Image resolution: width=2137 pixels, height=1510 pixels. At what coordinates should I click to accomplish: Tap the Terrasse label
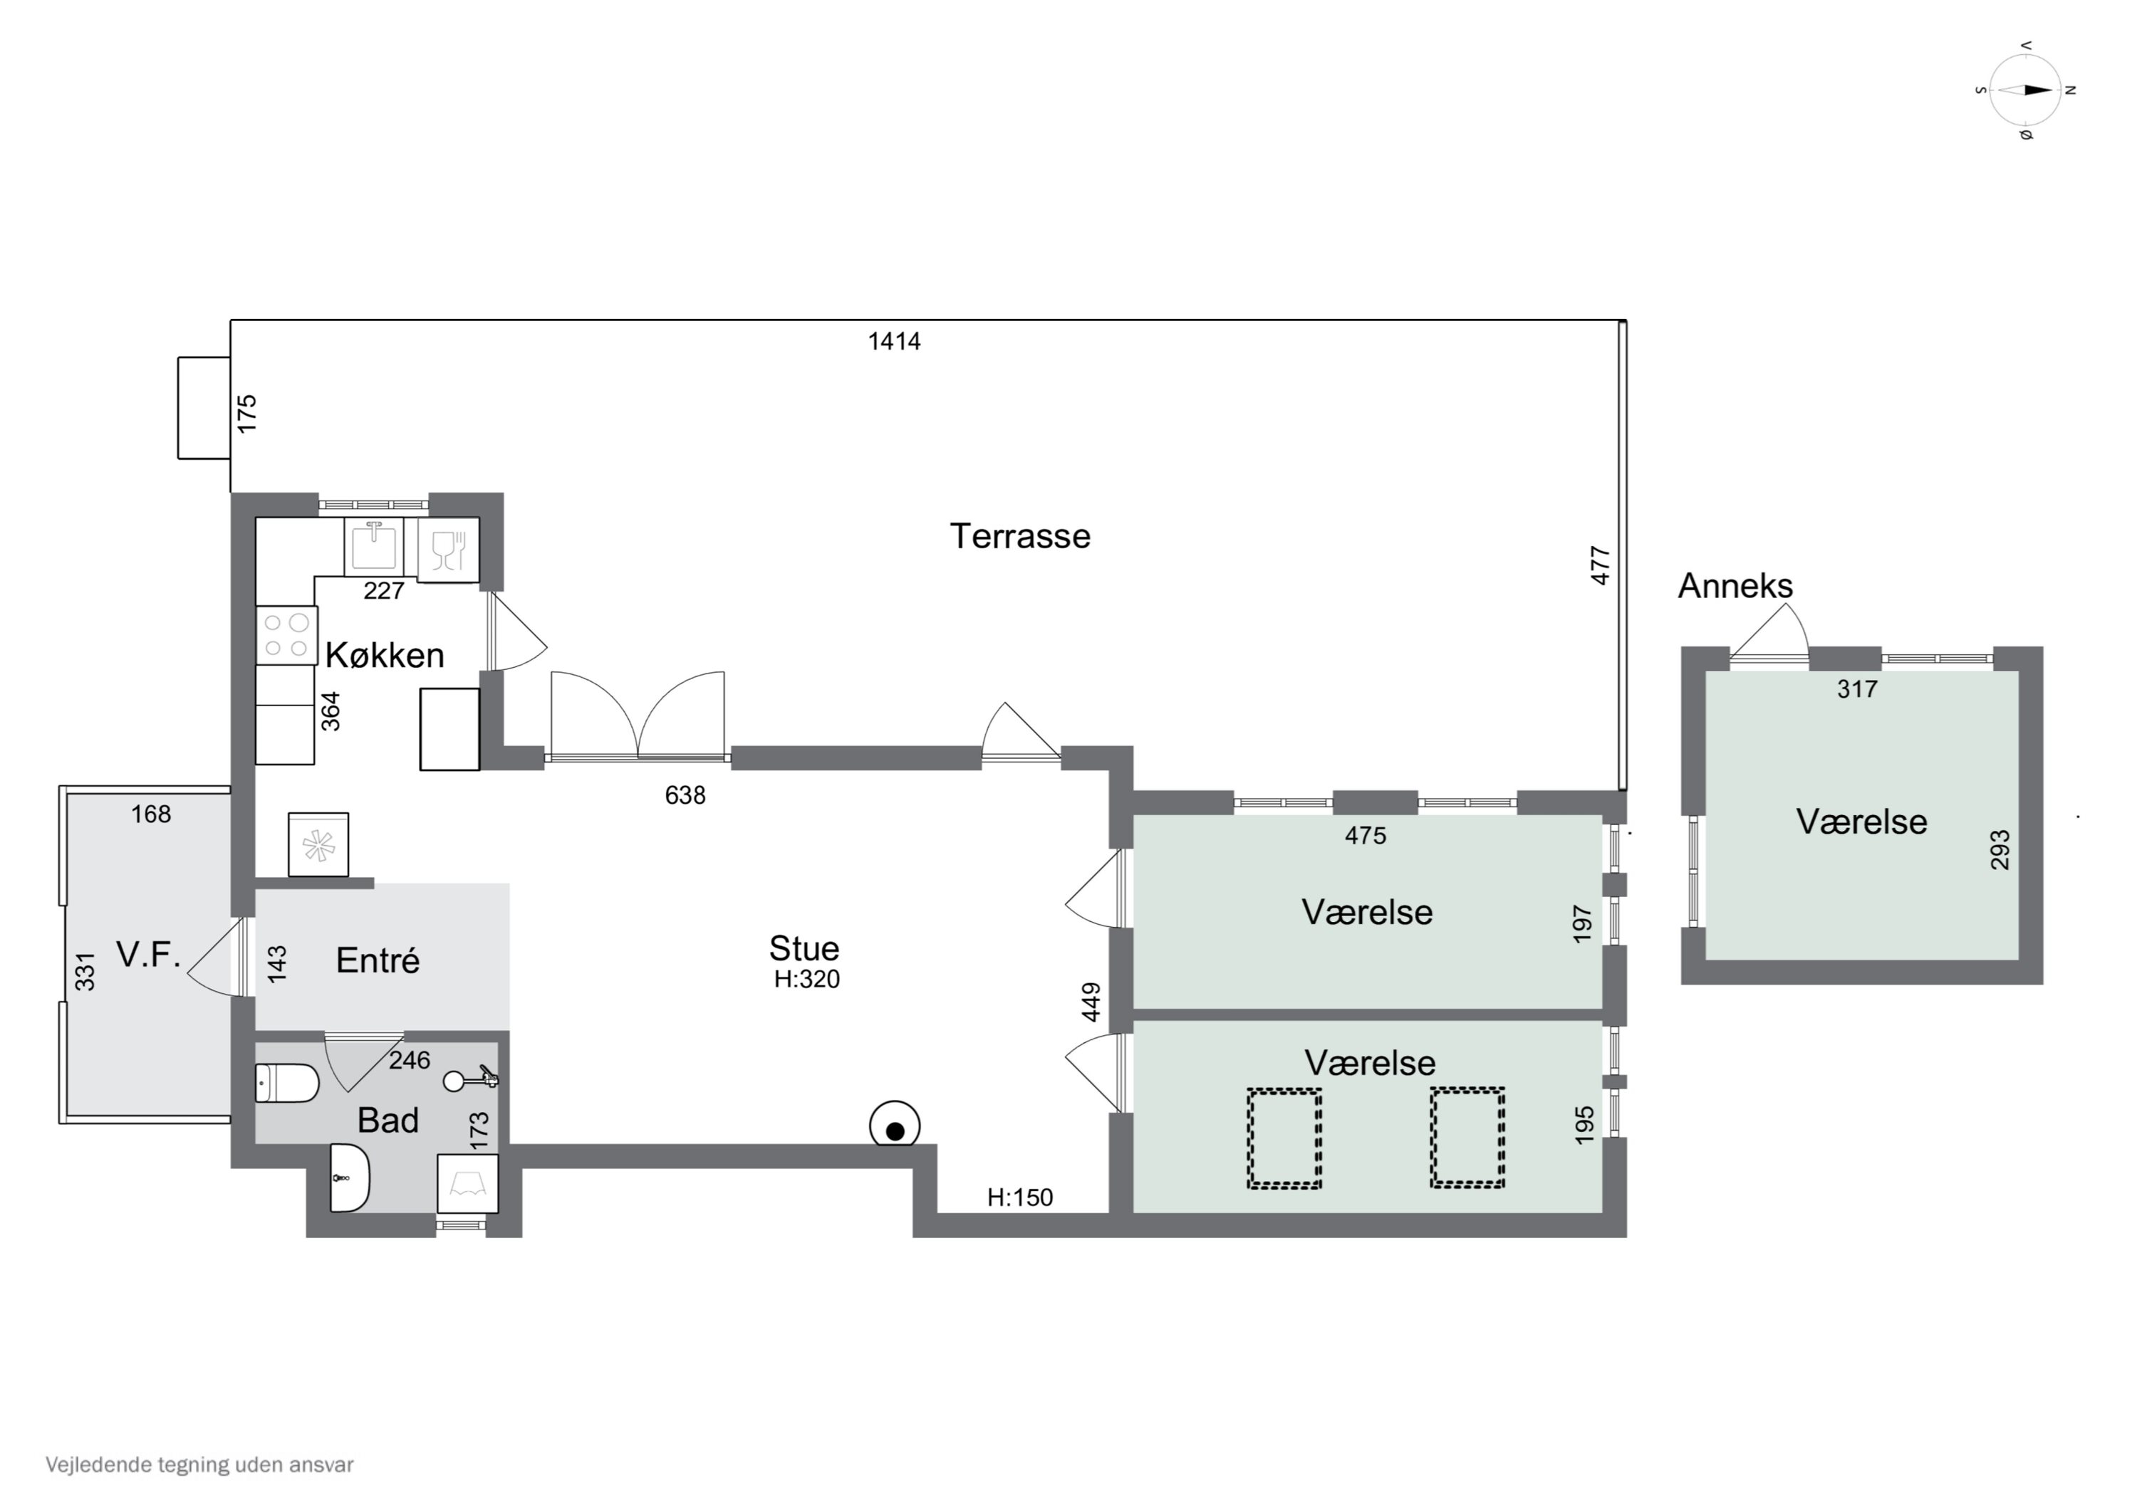(1019, 537)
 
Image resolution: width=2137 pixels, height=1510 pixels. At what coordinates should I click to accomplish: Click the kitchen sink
(373, 547)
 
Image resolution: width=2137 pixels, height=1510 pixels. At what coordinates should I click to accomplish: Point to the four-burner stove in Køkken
(286, 636)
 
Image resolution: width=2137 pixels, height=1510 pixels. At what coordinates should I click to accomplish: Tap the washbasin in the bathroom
(350, 1178)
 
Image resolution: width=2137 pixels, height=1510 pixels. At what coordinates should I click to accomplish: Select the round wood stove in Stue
(895, 1126)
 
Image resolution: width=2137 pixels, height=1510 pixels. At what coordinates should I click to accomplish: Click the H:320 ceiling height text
(807, 980)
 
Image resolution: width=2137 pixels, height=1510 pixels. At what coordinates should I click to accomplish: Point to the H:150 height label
(1020, 1197)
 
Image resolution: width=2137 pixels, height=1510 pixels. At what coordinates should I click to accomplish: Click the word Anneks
(1735, 586)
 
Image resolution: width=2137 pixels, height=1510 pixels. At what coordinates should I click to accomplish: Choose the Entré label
(377, 960)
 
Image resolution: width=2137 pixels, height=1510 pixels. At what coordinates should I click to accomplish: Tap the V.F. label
(148, 955)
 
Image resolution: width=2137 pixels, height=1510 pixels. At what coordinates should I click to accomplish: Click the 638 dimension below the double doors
(685, 795)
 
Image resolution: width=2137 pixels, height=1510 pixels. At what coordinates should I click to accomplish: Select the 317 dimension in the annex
(1857, 689)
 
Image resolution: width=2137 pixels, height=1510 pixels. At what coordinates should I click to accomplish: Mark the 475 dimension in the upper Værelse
(1366, 836)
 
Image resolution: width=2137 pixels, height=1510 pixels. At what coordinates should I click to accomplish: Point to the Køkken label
(385, 656)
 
